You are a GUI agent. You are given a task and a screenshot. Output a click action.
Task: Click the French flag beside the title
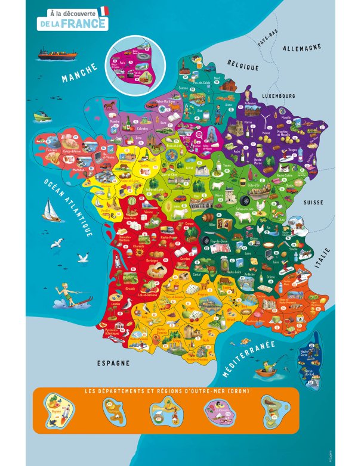point(104,11)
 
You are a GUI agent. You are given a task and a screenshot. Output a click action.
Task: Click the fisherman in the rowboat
point(267,371)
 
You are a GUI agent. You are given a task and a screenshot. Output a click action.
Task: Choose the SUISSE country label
point(313,203)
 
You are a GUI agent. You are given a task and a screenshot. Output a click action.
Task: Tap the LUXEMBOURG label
point(279,96)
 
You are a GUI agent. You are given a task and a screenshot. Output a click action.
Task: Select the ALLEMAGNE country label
point(303,48)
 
